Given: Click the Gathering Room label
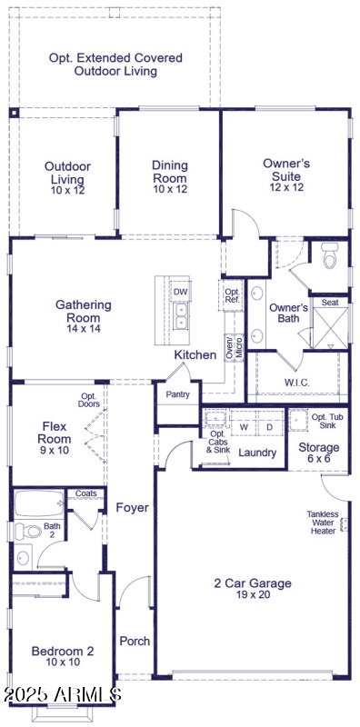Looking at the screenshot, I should click(x=83, y=311).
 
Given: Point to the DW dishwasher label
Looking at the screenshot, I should click(x=181, y=292).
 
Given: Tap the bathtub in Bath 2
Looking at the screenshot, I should click(x=39, y=502).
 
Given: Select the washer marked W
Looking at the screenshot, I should click(x=244, y=426).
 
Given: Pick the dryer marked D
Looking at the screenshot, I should click(x=270, y=426).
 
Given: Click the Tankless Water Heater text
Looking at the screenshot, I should click(x=322, y=523).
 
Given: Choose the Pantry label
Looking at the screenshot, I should click(x=177, y=394).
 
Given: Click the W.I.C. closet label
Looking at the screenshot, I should click(x=296, y=383).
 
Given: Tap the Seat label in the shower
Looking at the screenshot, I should click(x=330, y=303).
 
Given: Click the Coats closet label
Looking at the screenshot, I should click(x=86, y=493).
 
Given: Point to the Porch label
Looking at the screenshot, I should click(x=135, y=641).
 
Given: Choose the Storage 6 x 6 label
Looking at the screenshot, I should click(x=319, y=453).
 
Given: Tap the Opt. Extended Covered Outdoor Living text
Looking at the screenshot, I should click(x=115, y=64).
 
